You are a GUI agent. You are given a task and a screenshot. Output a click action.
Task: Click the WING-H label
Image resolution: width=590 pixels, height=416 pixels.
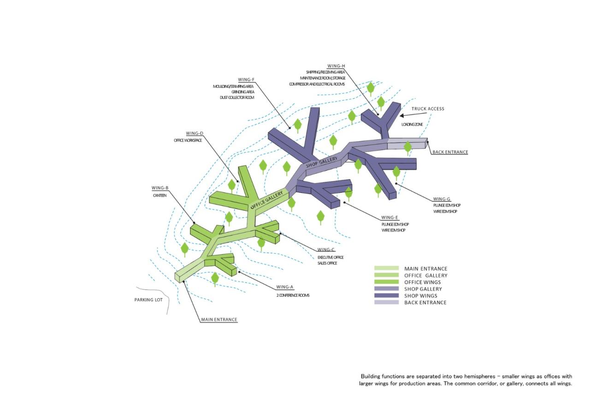[x=336, y=66]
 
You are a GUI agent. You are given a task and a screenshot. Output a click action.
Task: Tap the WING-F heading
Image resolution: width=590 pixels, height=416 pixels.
[x=246, y=80]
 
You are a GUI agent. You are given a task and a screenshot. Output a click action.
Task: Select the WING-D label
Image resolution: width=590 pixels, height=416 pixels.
[x=195, y=133]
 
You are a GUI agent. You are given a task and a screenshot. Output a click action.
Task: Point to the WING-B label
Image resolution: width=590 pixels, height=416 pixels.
[x=160, y=188]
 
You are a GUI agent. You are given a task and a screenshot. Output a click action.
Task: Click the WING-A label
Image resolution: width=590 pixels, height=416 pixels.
[x=285, y=287]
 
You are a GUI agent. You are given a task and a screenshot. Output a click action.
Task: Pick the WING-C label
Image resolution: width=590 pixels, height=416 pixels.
[x=326, y=249]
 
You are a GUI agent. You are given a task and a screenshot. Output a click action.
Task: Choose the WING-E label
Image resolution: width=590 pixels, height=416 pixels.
[x=389, y=218]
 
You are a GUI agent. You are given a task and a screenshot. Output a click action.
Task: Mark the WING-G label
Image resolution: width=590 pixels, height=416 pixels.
[x=442, y=199]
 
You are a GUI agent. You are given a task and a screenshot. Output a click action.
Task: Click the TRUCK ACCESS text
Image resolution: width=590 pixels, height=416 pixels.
[x=428, y=109]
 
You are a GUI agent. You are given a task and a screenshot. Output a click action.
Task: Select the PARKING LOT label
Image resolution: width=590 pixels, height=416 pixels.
[x=148, y=300]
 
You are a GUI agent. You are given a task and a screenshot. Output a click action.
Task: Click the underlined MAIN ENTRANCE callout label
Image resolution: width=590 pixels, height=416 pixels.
[x=219, y=320]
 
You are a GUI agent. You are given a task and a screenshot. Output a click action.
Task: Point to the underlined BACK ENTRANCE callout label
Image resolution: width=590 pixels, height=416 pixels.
[x=450, y=152]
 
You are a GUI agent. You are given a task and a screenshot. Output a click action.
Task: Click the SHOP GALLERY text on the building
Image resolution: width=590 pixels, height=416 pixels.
[x=322, y=162]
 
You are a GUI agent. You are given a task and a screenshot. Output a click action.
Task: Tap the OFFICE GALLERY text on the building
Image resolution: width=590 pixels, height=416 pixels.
[x=267, y=200]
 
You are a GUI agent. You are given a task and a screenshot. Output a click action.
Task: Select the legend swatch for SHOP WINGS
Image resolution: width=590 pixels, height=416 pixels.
[x=386, y=295]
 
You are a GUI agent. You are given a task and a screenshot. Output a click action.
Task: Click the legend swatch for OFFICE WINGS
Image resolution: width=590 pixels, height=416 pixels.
[x=386, y=282]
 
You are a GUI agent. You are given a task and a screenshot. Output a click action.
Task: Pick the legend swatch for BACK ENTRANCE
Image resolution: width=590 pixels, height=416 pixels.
[x=386, y=302]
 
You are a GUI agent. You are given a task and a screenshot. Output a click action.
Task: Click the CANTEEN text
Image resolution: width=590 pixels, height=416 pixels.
[x=159, y=196]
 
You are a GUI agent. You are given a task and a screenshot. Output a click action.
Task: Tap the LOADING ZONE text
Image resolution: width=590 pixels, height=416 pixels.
[x=412, y=124]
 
